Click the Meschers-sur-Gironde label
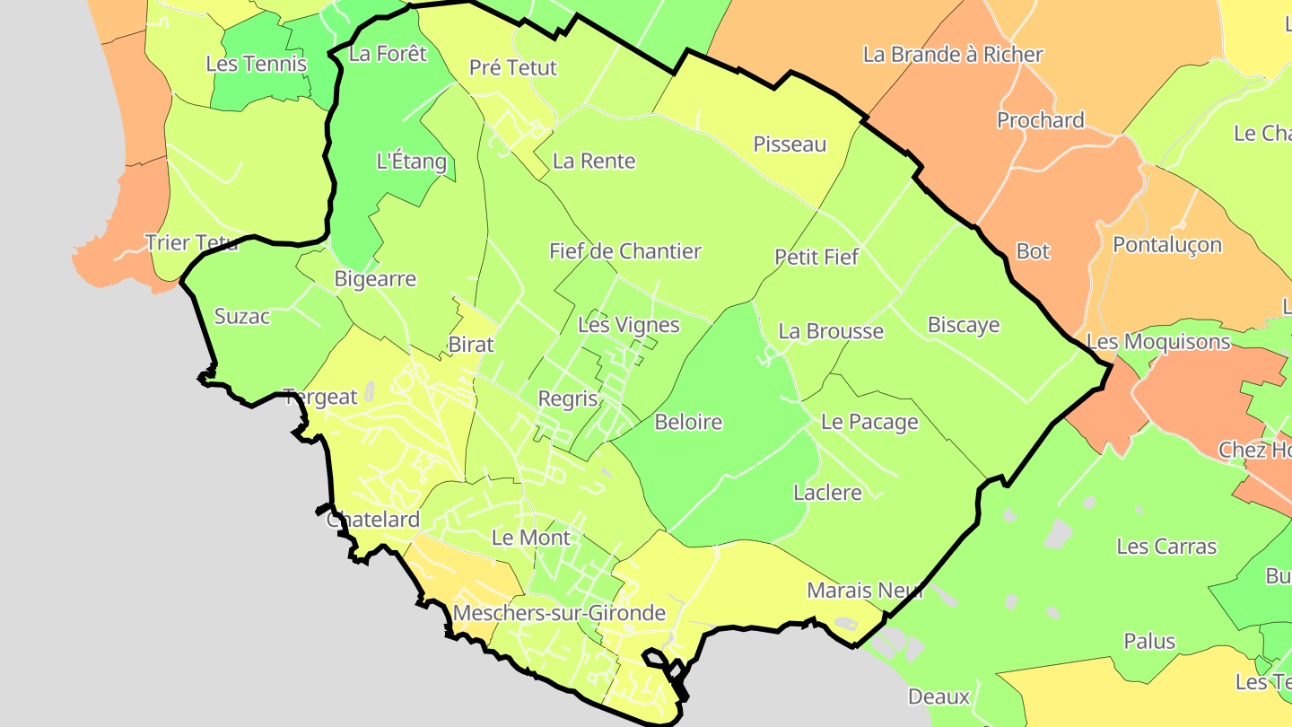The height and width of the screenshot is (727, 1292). (559, 613)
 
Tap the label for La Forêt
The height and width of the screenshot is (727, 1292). (388, 53)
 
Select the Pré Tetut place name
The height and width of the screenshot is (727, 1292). (513, 67)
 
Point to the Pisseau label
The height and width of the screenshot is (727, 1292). (790, 145)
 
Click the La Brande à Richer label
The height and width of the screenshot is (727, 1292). (953, 54)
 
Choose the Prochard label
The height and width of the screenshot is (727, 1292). (1040, 120)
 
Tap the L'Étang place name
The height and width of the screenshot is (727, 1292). (411, 162)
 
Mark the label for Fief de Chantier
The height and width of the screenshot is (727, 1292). (625, 251)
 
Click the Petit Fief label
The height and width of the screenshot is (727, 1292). (816, 258)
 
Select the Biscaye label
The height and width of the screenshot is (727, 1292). (963, 325)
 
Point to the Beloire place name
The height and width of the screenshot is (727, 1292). (688, 422)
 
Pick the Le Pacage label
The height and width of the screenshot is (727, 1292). (869, 422)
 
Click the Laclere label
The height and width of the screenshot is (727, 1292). (827, 493)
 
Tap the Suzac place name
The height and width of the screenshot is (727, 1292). (242, 317)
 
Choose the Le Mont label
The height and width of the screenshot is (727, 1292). (531, 538)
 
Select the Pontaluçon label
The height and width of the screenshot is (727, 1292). (1166, 245)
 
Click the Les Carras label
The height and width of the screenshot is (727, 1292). (1166, 547)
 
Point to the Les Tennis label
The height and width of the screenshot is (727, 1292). (256, 64)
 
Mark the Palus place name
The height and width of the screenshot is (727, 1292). (1149, 642)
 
